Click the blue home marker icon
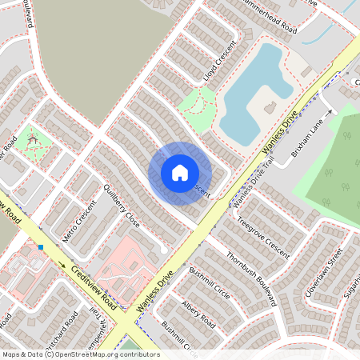(180, 172)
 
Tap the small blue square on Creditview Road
(40, 247)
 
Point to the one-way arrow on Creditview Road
(62, 265)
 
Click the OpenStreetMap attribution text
(80, 354)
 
